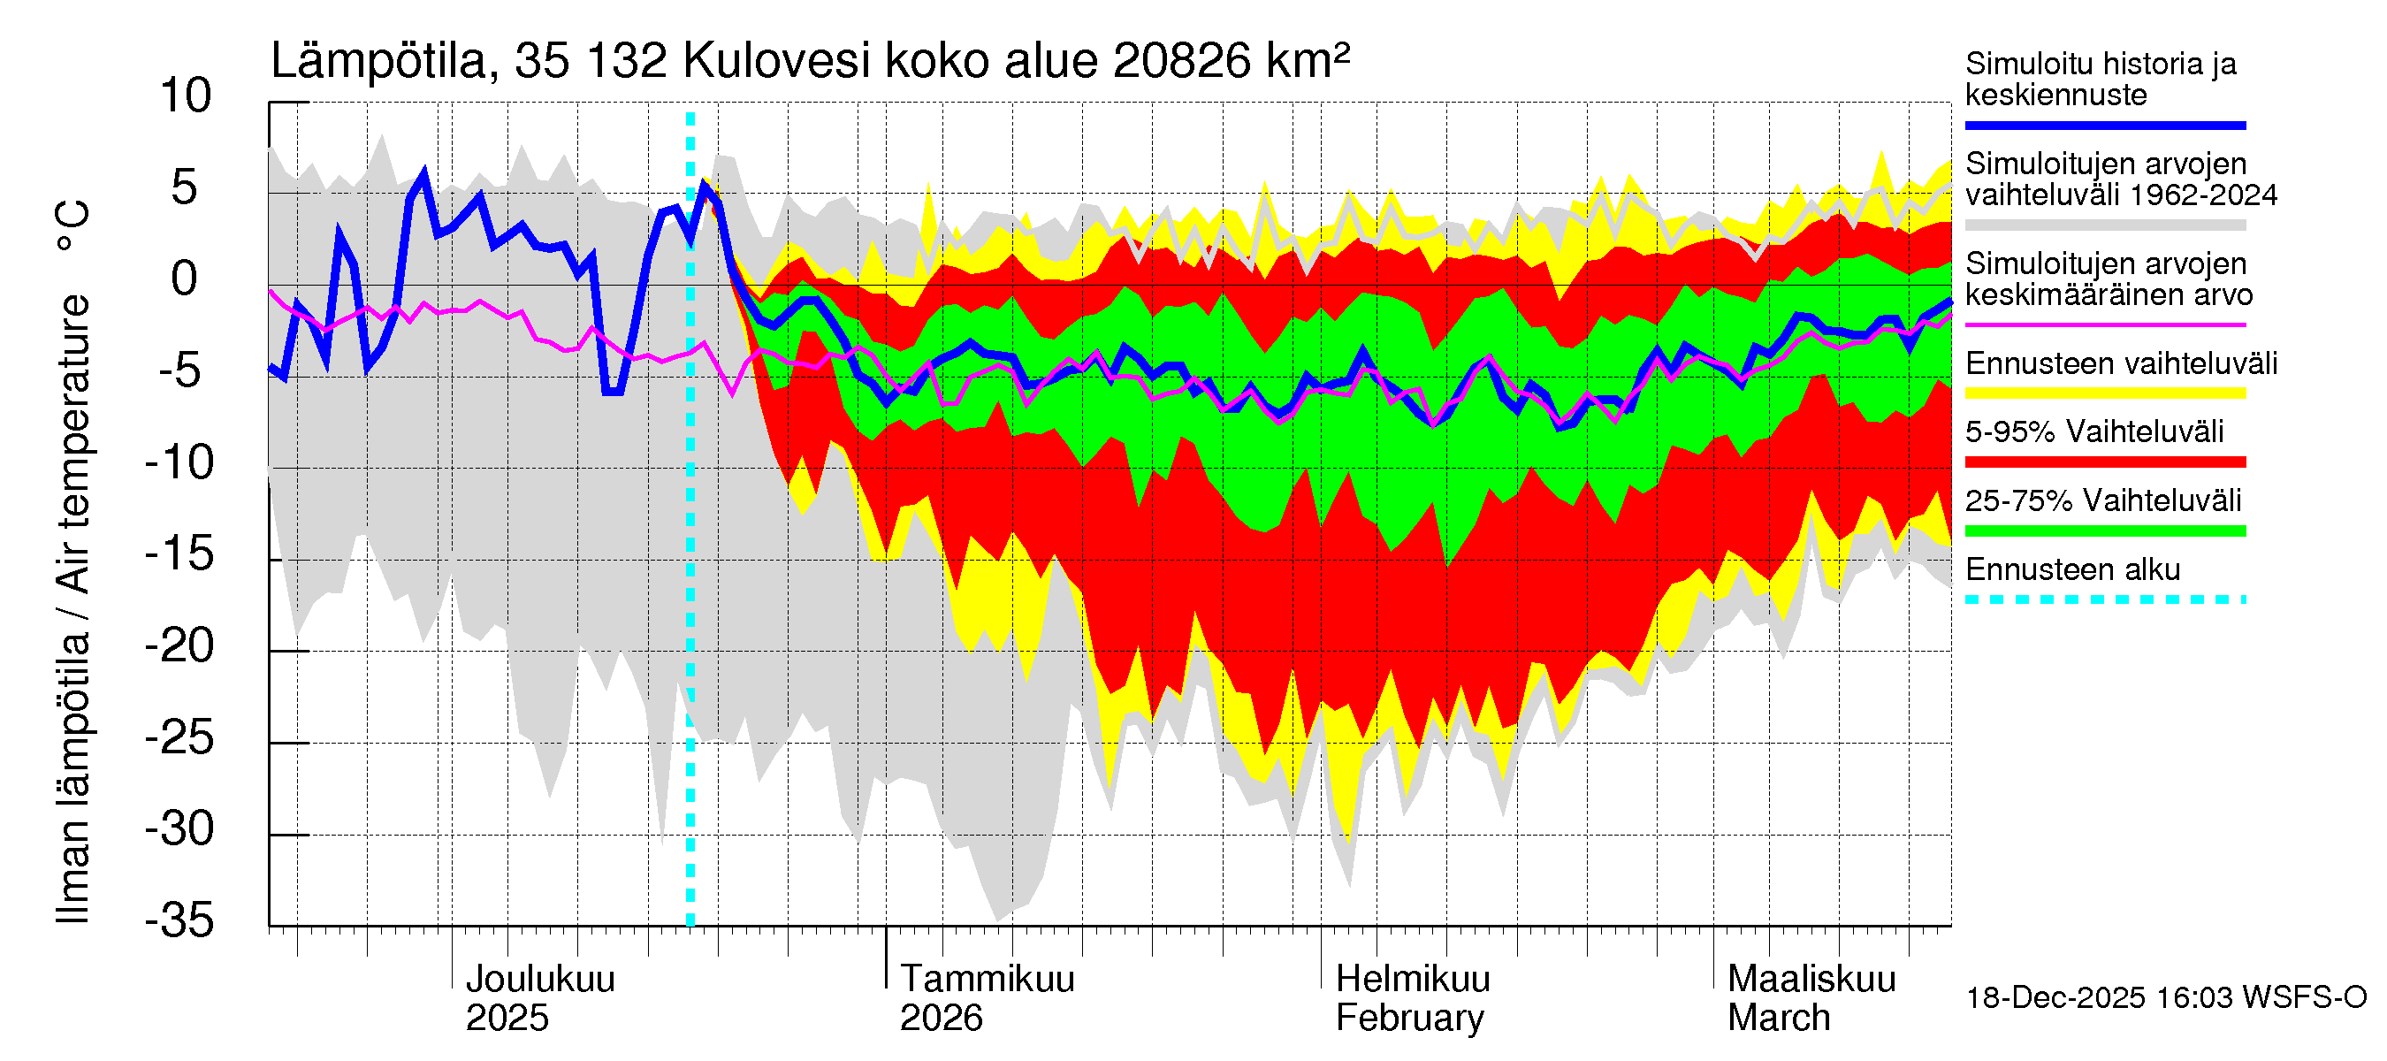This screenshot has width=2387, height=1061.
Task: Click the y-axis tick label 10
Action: point(186,96)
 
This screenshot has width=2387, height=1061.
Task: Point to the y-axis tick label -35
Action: point(179,920)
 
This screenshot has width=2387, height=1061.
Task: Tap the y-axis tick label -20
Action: point(179,645)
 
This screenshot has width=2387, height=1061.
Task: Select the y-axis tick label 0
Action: point(186,279)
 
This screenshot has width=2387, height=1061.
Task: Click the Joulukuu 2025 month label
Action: point(539,998)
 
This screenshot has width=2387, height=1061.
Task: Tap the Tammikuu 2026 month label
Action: point(986,998)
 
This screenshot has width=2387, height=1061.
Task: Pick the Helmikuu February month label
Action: point(1412,998)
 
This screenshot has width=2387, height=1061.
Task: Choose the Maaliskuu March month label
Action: point(1811,998)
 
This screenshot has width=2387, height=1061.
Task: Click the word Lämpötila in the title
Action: point(379,61)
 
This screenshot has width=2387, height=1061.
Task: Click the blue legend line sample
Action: point(2104,125)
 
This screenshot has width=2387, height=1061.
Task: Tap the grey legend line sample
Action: point(2104,225)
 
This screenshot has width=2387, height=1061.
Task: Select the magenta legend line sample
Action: point(2104,325)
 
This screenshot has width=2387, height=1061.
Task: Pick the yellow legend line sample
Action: point(2104,393)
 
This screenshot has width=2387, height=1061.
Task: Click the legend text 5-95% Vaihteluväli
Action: point(2094,431)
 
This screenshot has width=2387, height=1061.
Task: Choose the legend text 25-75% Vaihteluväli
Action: point(2102,500)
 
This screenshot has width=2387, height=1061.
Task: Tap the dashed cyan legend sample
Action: point(2104,599)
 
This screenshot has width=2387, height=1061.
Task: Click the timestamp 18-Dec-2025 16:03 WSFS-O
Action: point(2165,998)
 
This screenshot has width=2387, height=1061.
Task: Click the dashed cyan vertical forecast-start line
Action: point(690,556)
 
